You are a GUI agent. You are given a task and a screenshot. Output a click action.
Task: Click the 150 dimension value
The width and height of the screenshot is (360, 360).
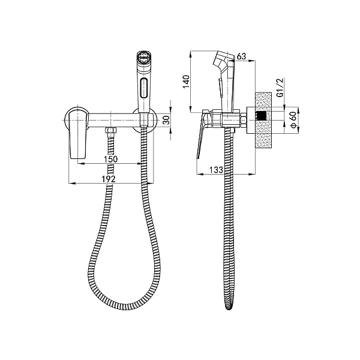[110, 159]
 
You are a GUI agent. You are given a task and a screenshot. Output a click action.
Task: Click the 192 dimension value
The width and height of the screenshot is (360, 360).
[109, 179]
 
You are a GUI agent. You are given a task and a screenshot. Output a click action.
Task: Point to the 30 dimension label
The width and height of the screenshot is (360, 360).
[167, 120]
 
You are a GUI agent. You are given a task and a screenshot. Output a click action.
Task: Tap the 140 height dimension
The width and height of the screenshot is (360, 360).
[186, 82]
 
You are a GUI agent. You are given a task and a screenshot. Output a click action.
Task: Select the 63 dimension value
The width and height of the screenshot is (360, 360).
[241, 56]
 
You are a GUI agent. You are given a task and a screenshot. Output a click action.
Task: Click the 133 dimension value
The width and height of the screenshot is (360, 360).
[216, 170]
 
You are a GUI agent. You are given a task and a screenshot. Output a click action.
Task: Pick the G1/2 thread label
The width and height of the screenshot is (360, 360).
[280, 88]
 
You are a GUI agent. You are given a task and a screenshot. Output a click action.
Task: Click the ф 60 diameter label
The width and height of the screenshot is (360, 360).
[293, 120]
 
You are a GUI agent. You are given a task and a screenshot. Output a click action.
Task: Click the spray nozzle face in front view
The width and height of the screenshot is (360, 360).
[143, 57]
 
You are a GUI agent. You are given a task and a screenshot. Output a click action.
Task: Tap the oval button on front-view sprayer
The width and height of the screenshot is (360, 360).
[144, 89]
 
